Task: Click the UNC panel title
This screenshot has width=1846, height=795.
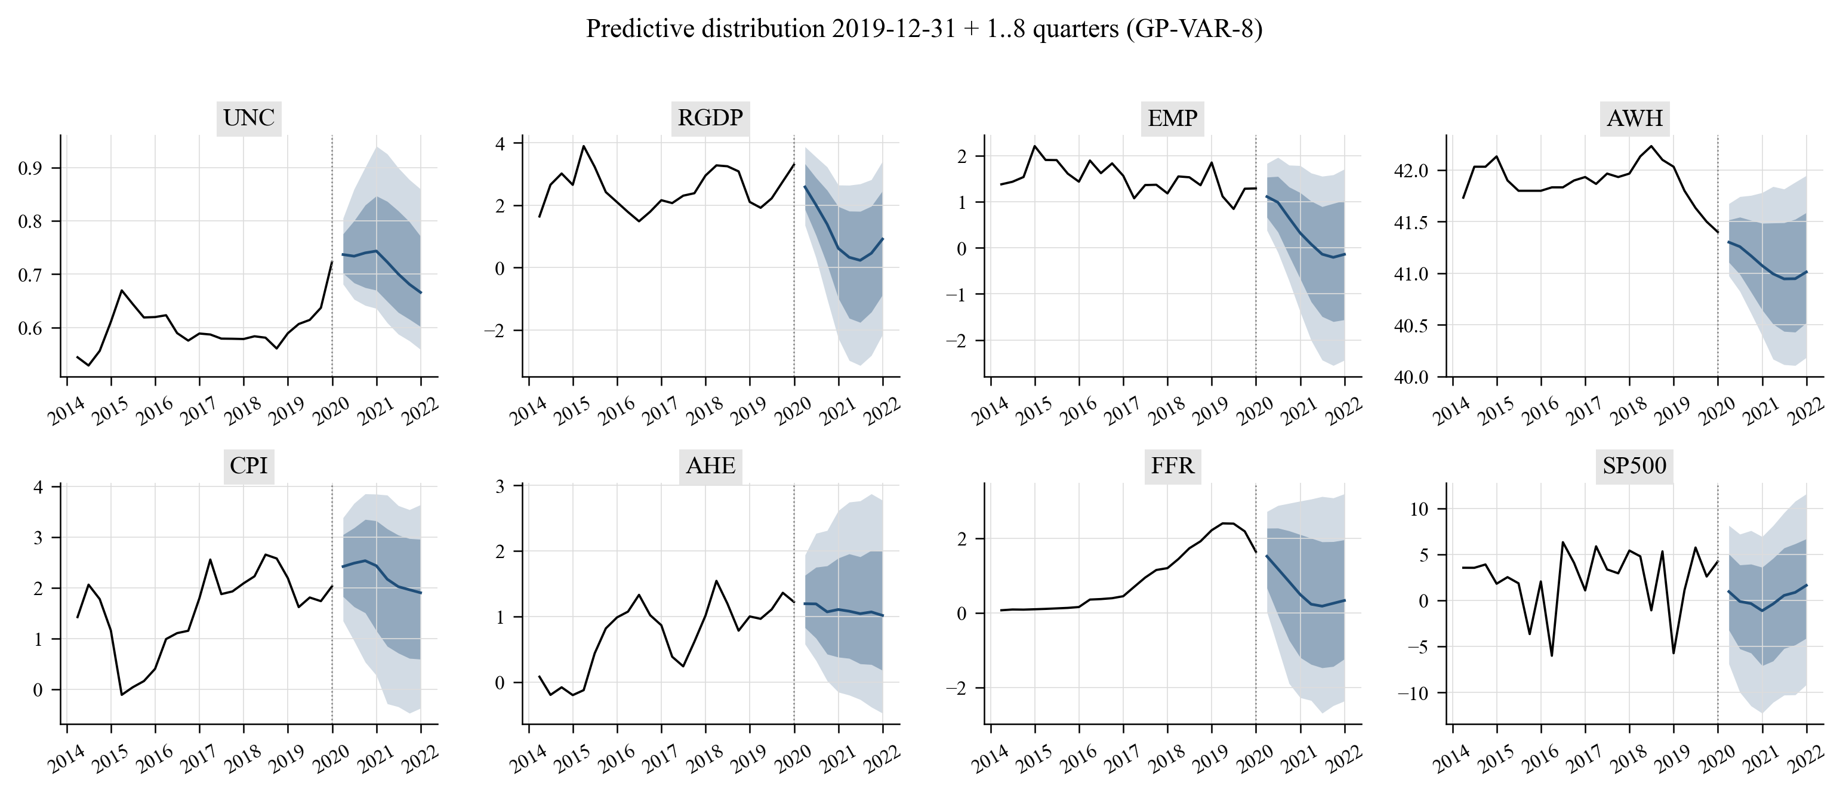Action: click(x=249, y=118)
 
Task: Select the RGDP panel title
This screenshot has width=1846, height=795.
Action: click(x=710, y=118)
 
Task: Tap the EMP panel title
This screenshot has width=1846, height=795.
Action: click(x=1172, y=118)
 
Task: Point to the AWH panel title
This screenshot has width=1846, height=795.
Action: click(x=1635, y=118)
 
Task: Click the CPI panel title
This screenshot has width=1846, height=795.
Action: click(x=249, y=466)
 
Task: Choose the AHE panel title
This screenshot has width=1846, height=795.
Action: click(x=710, y=466)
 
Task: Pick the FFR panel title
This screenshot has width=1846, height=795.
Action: click(x=1172, y=466)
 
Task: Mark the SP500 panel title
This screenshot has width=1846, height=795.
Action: click(x=1635, y=466)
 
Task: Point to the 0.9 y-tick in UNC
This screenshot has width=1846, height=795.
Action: click(x=30, y=168)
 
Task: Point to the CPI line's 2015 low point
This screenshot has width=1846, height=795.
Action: click(x=122, y=695)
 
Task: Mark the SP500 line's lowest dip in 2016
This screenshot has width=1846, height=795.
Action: click(x=1552, y=655)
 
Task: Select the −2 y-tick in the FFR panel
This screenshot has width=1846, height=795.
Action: click(x=963, y=688)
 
